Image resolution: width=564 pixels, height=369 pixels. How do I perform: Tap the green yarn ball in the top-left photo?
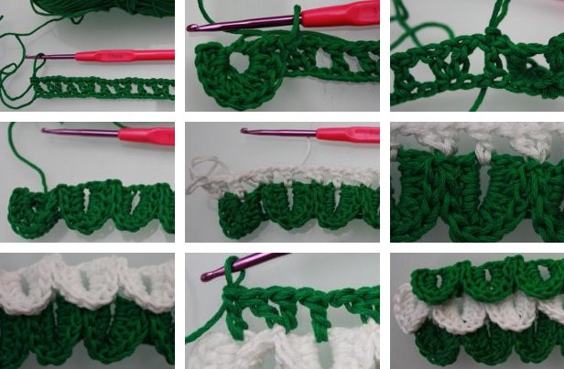pos(110,7)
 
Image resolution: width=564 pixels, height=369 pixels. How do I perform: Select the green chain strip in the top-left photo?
pos(101,89)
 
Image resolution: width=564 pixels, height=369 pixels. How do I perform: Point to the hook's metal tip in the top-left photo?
pos(30,58)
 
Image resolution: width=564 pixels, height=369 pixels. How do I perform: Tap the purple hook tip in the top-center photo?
pos(192,28)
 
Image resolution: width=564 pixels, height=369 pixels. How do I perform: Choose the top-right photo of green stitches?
pos(477,55)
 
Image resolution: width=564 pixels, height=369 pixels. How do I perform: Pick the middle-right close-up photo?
pos(477,182)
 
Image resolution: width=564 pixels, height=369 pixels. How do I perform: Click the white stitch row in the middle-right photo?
pos(458,133)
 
